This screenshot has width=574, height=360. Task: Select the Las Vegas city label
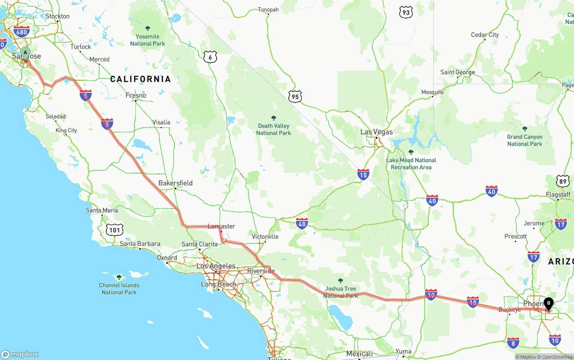tap(377, 132)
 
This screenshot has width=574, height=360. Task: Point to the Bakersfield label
tap(175, 183)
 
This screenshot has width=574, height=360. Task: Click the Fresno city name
tap(136, 95)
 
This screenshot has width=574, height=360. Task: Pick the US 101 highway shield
tap(115, 230)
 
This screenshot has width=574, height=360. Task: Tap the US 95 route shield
tap(295, 96)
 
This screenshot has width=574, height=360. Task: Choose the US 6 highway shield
tap(210, 56)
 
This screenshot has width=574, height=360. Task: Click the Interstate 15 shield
tap(363, 174)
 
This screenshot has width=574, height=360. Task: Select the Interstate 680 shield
tap(22, 31)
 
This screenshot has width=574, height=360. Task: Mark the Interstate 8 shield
tap(513, 343)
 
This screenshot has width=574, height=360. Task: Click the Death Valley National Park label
tap(274, 129)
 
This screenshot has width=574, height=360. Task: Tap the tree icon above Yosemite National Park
tap(148, 28)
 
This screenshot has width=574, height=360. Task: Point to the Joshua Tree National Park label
tap(340, 292)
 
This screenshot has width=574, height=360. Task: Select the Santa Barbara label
tap(140, 244)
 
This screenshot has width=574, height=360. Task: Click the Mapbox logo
tap(20, 354)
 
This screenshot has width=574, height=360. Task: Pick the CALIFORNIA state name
tap(140, 79)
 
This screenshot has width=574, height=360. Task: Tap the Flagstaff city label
tap(558, 195)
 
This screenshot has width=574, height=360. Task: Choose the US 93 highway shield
tap(406, 13)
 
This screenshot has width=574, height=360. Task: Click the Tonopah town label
tap(268, 9)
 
